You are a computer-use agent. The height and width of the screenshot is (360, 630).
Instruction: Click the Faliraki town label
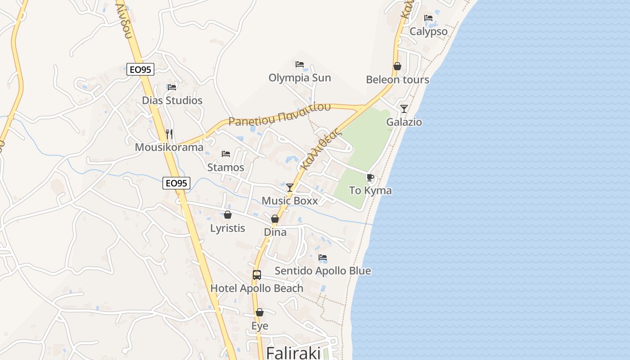[x=293, y=352]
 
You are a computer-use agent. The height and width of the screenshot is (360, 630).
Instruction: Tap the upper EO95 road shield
[x=140, y=69]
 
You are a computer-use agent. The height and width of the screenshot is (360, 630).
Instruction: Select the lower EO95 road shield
[x=176, y=183]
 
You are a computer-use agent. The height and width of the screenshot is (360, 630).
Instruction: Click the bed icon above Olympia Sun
[x=300, y=64]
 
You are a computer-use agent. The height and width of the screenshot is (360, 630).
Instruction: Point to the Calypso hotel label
[x=428, y=31]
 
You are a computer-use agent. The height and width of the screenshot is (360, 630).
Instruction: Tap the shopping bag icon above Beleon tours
[x=397, y=66]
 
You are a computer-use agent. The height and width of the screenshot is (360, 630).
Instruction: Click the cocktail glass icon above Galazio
[x=404, y=108]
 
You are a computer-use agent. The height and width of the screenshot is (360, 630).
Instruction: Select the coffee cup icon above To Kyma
[x=370, y=177]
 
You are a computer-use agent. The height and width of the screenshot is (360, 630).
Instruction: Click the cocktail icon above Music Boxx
[x=290, y=188]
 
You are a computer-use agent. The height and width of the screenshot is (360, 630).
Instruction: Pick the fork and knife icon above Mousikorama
[x=169, y=134]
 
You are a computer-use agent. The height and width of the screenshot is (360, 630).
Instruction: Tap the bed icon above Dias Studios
[x=172, y=87]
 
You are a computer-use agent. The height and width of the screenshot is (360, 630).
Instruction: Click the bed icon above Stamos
[x=226, y=154]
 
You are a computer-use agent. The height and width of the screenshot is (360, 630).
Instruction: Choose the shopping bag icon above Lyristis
[x=228, y=215]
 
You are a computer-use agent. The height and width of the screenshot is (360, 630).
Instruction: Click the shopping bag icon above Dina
[x=275, y=219]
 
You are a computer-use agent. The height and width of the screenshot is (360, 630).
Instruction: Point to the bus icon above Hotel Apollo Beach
[x=256, y=274]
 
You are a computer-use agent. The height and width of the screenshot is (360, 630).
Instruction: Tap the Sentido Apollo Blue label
[x=323, y=271]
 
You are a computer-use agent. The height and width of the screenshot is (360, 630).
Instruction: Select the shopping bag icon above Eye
[x=260, y=312]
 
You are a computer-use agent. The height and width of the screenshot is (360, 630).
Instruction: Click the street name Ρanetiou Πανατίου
[x=279, y=115]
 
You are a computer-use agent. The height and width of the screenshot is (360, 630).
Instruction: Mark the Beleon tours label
[x=397, y=80]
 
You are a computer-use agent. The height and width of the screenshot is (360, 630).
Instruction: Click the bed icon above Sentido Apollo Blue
[x=323, y=257]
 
